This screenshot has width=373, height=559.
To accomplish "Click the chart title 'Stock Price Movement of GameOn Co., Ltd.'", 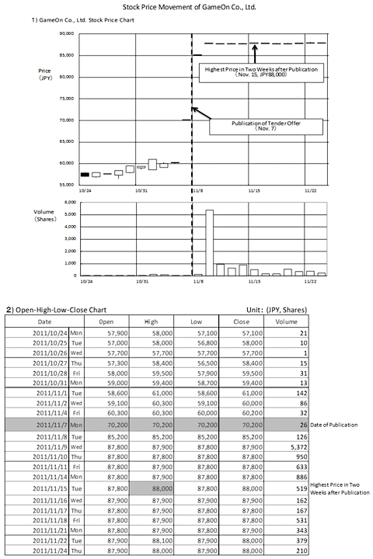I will pyautogui.click(x=186, y=6).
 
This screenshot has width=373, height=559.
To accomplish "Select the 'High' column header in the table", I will pyautogui.click(x=152, y=321).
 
